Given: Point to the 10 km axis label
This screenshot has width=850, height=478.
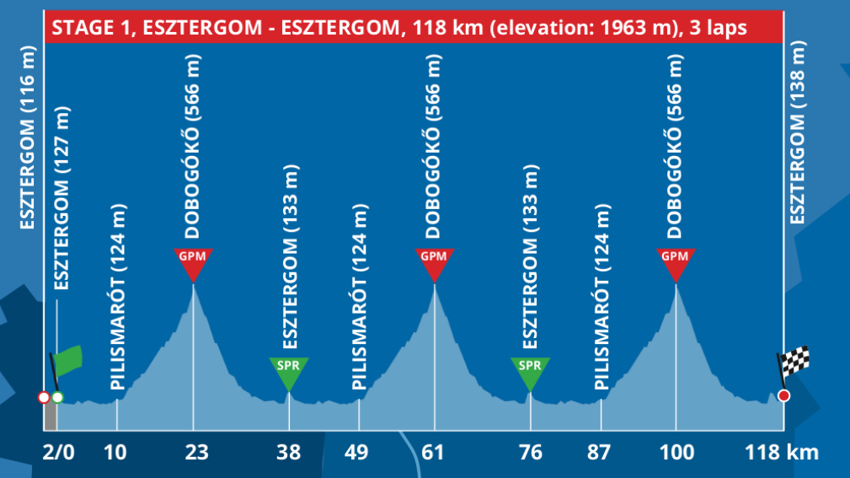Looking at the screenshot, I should point(116,452).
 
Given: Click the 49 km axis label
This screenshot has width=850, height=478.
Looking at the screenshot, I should point(357,452).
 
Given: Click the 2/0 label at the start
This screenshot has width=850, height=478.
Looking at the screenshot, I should point(58,452).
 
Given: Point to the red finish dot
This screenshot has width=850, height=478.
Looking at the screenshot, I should point(784,396).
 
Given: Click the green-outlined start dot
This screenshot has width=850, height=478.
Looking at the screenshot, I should point(57,397).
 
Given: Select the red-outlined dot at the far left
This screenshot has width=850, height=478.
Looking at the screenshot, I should point(44,397).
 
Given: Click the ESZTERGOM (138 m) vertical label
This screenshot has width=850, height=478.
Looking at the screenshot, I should point(798,134).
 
